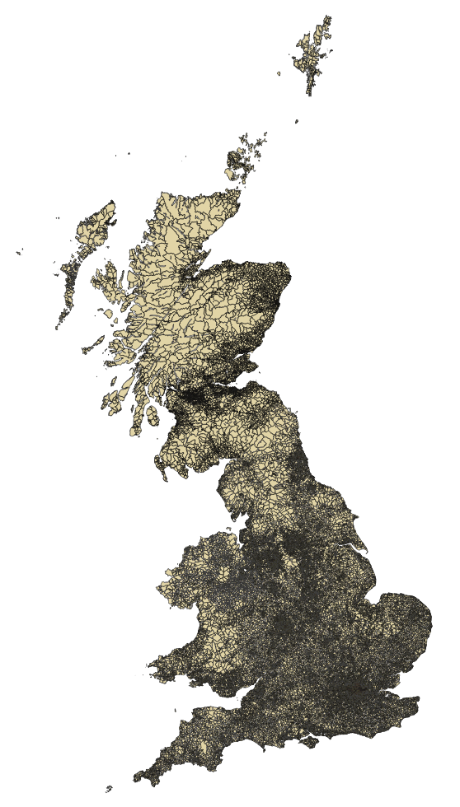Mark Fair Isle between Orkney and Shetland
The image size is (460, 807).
[296, 122]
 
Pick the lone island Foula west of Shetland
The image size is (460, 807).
[279, 73]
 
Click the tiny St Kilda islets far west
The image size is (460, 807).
[18, 252]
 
